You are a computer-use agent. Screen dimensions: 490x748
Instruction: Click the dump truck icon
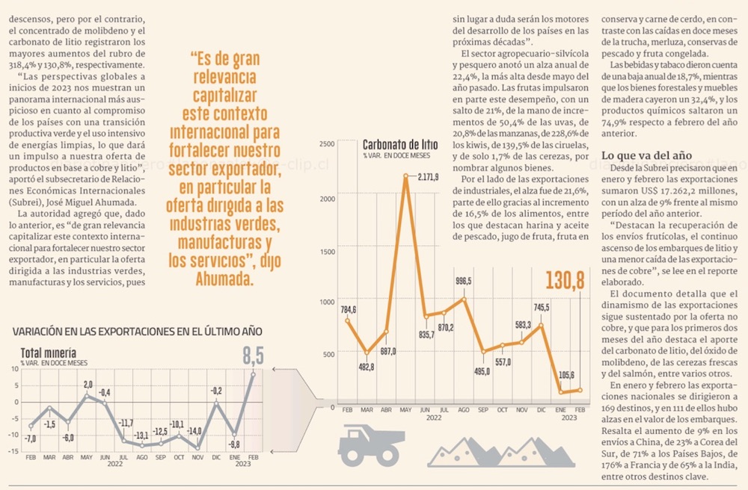click(372, 446)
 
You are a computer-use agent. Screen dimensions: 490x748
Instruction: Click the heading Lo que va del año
click(646, 155)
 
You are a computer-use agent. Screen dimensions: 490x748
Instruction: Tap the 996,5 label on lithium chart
click(464, 281)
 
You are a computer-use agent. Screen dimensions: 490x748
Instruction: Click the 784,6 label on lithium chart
click(349, 309)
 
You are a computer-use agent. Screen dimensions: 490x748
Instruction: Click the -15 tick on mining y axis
click(13, 451)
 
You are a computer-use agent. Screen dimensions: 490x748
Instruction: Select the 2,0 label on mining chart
click(88, 384)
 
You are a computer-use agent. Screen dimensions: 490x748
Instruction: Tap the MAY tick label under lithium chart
click(406, 410)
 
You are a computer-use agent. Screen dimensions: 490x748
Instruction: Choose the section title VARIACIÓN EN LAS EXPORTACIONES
click(138, 331)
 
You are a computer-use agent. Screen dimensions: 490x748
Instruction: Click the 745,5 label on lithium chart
click(542, 307)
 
